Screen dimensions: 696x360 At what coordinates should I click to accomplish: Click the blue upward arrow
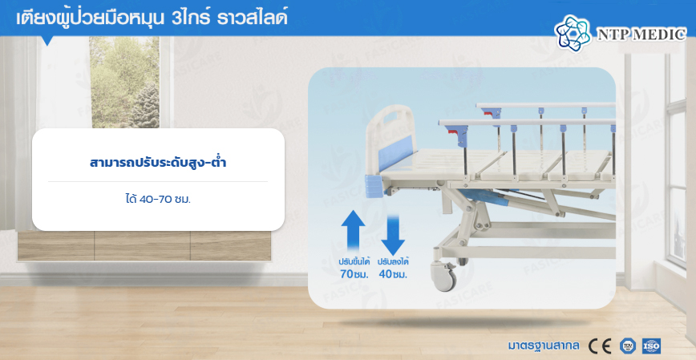pos(354,231)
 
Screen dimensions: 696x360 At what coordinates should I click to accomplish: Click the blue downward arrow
pos(393,234)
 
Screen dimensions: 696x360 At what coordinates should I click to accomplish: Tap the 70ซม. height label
pos(354,274)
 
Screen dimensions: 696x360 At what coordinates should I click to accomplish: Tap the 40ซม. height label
pos(393,274)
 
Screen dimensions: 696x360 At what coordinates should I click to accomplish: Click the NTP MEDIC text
pos(641,34)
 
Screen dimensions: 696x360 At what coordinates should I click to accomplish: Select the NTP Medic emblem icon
pos(573,32)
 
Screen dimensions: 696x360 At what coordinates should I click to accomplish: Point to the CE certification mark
pos(600,346)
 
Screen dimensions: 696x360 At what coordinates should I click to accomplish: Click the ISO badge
pos(651,346)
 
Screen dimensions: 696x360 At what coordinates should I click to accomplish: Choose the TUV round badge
pos(627,346)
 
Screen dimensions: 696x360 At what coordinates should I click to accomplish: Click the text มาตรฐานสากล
pos(544,346)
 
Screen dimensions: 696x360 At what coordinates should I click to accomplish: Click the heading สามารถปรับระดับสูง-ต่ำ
pos(158,163)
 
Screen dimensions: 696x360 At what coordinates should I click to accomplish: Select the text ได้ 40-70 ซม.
pos(158,200)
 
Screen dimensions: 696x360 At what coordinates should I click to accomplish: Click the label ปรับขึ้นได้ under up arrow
pos(354,261)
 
